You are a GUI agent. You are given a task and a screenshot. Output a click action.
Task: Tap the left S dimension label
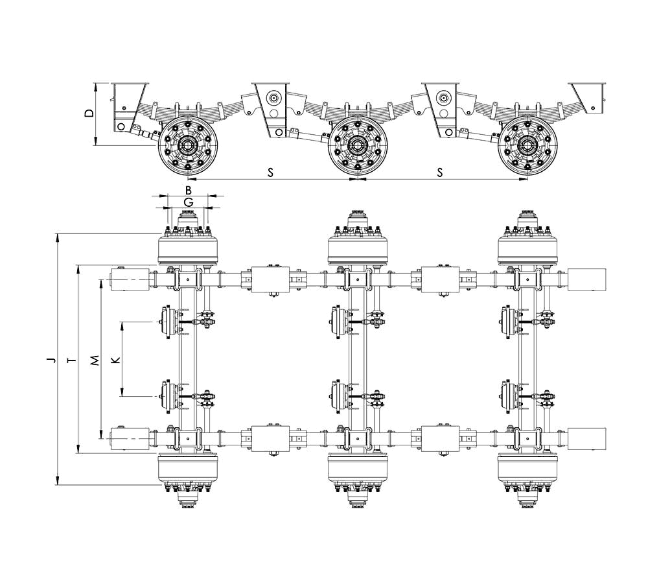(270, 172)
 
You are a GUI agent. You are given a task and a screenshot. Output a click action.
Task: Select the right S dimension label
(440, 172)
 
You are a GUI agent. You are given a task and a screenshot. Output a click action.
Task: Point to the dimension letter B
(189, 190)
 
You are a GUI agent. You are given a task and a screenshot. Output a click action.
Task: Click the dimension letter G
(189, 202)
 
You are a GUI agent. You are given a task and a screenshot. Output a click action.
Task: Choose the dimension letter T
(73, 360)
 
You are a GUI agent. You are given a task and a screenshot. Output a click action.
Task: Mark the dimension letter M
(95, 360)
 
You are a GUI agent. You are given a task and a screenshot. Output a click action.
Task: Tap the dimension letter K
(117, 359)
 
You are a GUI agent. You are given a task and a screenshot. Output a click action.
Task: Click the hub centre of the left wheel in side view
(188, 145)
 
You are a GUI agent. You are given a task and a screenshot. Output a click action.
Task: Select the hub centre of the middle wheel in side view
(356, 145)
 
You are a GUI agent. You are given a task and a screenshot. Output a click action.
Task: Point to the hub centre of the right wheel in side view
(526, 145)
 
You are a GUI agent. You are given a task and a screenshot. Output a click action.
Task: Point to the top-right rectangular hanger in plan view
(587, 279)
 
